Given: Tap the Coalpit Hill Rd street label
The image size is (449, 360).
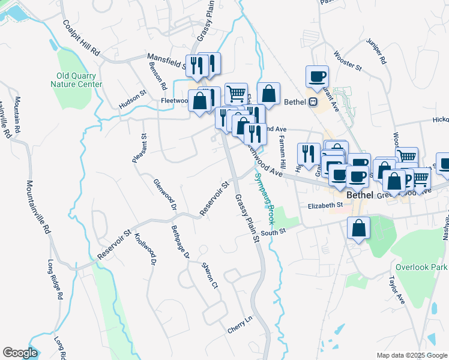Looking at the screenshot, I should click(81, 39).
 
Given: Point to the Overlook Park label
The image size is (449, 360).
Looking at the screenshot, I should click(421, 266).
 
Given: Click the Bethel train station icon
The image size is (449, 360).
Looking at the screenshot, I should click(313, 102).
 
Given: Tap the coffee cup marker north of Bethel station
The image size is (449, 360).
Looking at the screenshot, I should click(317, 77).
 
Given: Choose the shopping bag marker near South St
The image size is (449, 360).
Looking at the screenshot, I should click(358, 229).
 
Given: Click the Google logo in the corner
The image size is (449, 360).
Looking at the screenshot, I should click(20, 353).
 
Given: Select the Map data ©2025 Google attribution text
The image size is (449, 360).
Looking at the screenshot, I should click(411, 355).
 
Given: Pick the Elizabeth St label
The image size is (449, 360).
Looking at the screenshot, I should click(325, 205).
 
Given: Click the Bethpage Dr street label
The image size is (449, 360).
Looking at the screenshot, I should click(179, 241).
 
